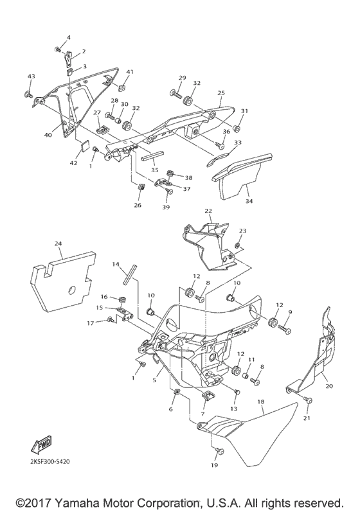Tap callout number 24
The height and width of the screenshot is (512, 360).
pyautogui.click(x=59, y=243)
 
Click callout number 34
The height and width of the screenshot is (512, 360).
pyautogui.click(x=249, y=200)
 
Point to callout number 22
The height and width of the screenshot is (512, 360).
pyautogui.click(x=208, y=211)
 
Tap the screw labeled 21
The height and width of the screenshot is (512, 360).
pyautogui.click(x=308, y=402)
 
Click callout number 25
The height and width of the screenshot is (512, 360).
pyautogui.click(x=221, y=93)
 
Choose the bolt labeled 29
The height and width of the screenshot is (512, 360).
pyautogui.click(x=175, y=94)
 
